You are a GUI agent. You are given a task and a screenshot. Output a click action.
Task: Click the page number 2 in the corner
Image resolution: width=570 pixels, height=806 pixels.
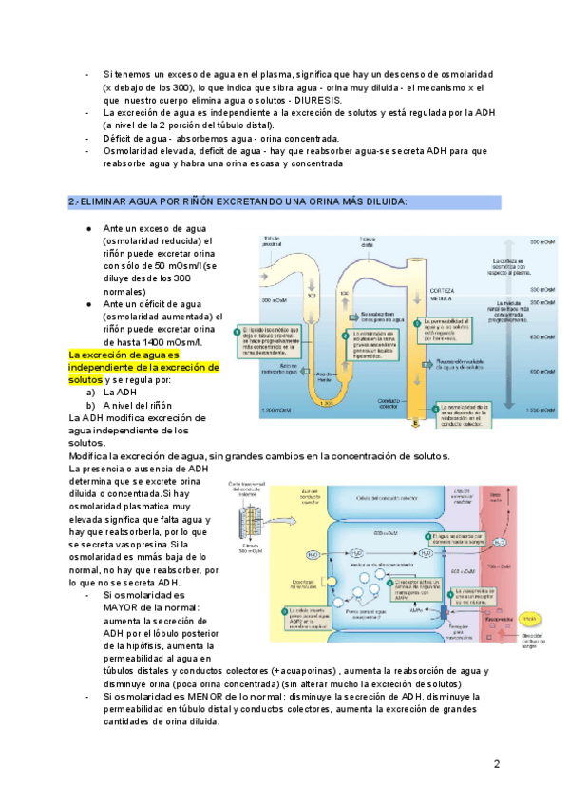coord(497,765)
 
